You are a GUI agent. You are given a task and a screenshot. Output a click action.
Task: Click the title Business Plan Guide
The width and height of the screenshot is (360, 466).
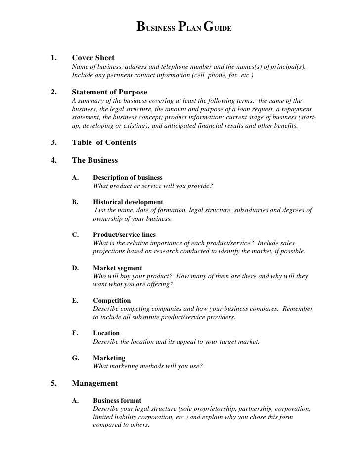pos(183,26)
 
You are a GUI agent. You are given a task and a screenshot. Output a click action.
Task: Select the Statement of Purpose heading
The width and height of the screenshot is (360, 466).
pos(109,92)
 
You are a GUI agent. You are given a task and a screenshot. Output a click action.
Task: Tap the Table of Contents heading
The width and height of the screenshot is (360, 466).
pos(104,142)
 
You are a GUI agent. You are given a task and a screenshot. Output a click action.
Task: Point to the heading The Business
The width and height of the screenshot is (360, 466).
pos(95,160)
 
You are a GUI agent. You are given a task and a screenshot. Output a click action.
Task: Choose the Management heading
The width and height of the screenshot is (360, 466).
pos(95,383)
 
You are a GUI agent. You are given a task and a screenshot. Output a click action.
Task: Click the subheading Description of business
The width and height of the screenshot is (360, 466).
pos(128,177)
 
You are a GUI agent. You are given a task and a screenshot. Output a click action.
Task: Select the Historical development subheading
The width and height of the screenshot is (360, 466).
pos(128,202)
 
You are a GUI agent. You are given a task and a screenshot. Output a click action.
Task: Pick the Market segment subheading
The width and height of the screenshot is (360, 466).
pos(118,268)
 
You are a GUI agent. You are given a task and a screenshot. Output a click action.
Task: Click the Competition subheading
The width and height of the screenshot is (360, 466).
pos(112,300)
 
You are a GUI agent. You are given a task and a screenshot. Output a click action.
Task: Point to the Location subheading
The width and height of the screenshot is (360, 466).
pos(106,333)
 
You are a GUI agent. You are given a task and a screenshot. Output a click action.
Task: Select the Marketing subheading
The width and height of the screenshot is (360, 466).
pos(109,358)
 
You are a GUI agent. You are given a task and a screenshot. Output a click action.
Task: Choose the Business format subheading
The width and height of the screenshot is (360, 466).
pos(117,400)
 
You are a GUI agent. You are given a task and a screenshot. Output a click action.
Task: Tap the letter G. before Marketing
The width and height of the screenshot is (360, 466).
pos(76,358)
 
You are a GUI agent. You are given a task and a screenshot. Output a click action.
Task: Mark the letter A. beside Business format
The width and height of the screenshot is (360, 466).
pos(76,400)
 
